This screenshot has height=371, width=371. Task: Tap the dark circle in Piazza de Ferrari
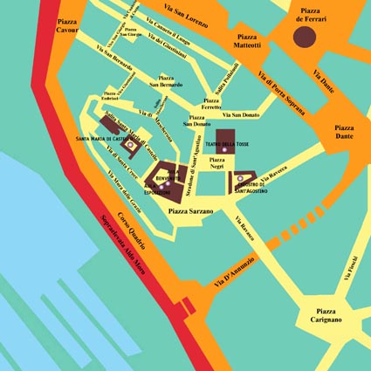304,37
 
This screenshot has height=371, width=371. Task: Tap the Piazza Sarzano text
190,211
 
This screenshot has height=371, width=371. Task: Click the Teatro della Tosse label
226,143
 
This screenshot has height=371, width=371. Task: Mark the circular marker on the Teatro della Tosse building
224,151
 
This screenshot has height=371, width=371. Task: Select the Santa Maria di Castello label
106,140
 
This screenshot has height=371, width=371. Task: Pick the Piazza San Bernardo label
165,81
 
